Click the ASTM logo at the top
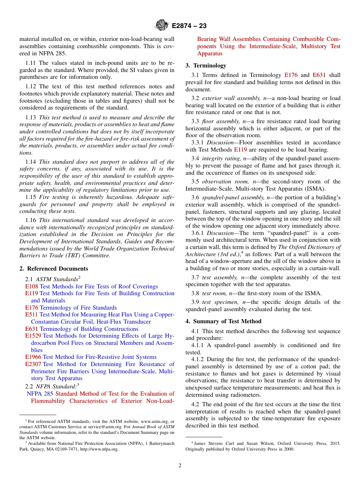161,25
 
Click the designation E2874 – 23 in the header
189,26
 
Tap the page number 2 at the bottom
180,465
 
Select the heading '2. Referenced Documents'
54,269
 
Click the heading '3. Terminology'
206,65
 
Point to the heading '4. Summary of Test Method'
223,321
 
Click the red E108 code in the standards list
31,286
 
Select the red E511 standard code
31,315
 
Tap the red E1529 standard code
33,336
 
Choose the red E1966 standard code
33,357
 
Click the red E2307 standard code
33,364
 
